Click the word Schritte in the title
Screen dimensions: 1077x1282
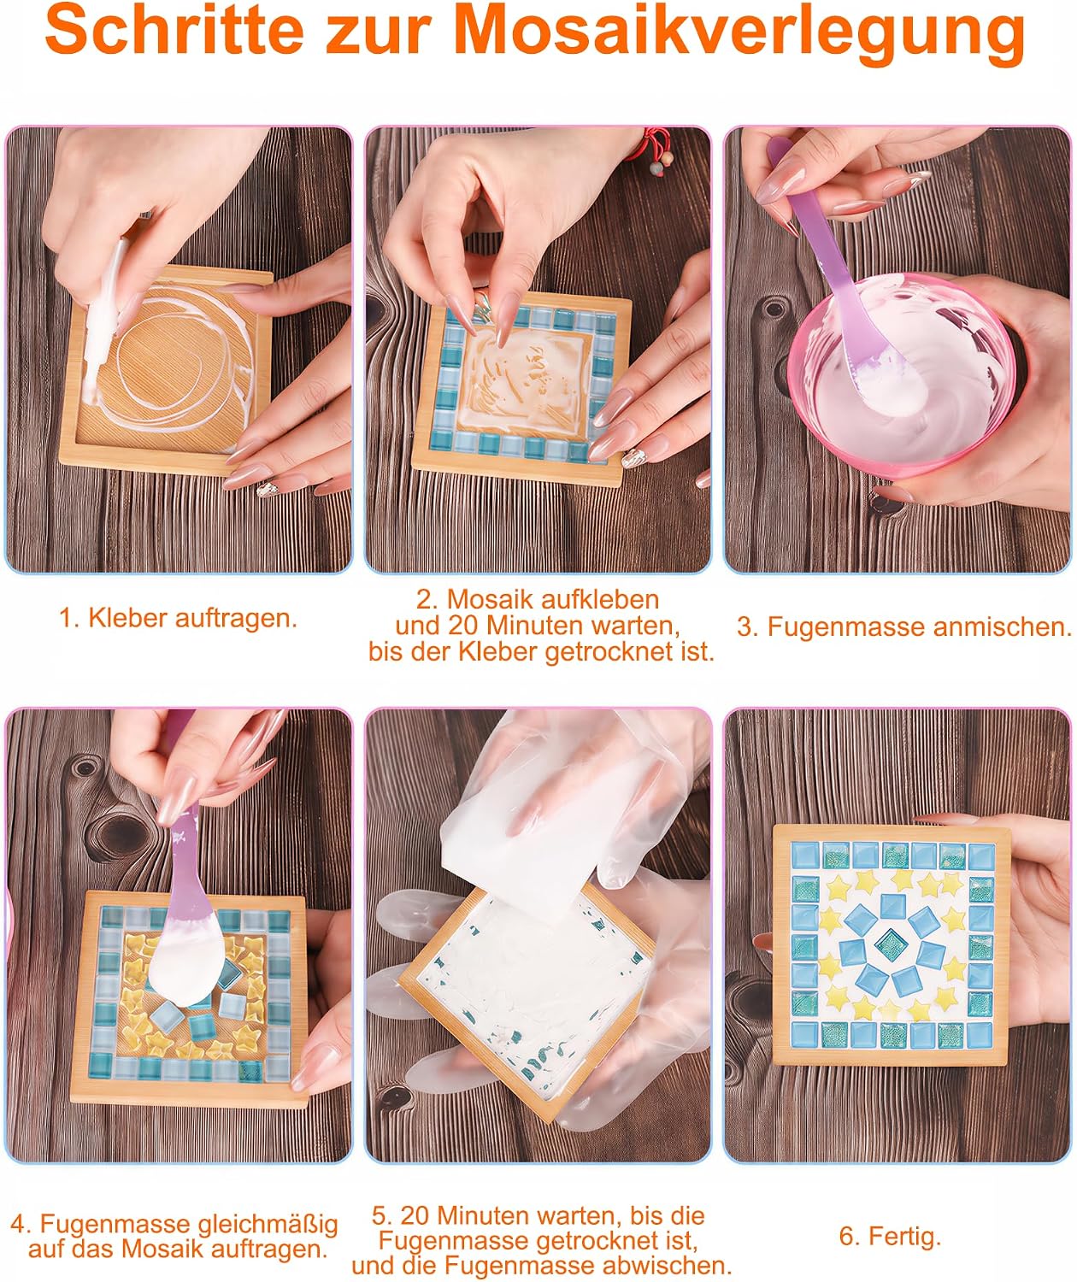(174, 31)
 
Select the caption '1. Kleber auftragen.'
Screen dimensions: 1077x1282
(178, 618)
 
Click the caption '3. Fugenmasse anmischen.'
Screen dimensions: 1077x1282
(903, 626)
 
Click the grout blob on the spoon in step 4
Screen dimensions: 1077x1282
(182, 962)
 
